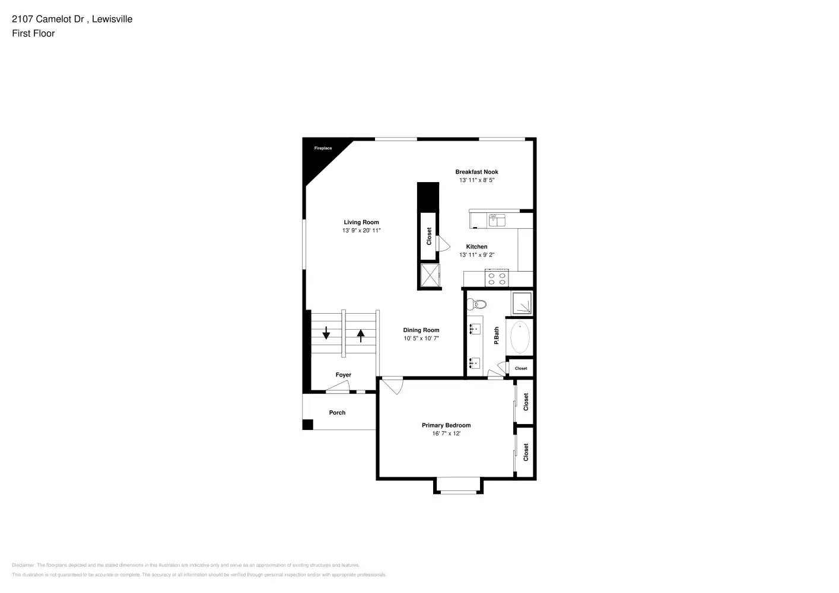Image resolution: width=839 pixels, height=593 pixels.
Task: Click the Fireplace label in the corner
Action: click(323, 148)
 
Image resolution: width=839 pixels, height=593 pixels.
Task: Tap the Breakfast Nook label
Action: click(476, 172)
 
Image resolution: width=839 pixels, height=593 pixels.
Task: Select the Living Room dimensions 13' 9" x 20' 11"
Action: click(361, 231)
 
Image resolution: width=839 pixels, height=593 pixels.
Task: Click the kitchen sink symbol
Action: click(497, 221)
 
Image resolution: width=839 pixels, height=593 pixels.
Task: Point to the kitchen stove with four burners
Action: click(497, 278)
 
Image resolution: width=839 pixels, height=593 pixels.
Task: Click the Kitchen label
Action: click(476, 247)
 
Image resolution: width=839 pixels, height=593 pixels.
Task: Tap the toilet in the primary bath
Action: click(476, 305)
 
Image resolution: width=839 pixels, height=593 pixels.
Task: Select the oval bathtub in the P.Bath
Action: click(520, 337)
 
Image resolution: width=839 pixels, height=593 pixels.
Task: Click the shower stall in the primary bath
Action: click(522, 303)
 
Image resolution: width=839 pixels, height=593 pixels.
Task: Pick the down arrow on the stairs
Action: click(326, 333)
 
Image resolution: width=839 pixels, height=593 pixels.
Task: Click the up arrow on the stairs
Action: click(361, 336)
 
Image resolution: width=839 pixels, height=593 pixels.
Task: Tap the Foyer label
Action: click(343, 375)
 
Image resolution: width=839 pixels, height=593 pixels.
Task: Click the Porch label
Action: click(337, 413)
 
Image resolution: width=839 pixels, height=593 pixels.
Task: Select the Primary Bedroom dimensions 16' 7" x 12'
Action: click(446, 433)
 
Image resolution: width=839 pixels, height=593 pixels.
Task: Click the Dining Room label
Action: click(421, 330)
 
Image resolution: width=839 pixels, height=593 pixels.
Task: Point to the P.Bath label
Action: click(497, 336)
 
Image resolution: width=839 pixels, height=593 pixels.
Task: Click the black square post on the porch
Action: click(307, 425)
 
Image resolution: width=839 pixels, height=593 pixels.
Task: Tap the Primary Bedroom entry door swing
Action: click(392, 385)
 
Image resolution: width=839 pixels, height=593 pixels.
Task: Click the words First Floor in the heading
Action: click(33, 34)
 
